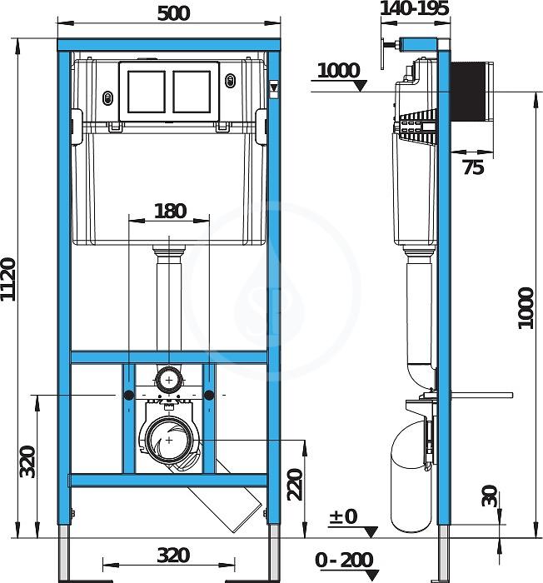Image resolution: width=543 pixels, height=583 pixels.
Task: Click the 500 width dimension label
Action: click(173, 14)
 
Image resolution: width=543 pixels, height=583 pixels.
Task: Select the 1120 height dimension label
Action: click(8, 279)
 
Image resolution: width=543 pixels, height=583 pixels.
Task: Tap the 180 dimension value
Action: click(171, 212)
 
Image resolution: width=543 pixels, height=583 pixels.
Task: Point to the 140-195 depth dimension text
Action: click(415, 8)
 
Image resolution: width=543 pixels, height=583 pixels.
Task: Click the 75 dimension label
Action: click(473, 167)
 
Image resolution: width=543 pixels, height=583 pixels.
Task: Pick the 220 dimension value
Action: click(296, 485)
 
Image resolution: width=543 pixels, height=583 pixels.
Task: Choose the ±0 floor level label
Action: click(342, 516)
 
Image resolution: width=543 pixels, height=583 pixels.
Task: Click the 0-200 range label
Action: click(344, 560)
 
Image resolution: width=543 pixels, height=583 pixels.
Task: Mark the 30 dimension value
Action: click(490, 496)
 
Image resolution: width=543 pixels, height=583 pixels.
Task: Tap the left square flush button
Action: click(147, 92)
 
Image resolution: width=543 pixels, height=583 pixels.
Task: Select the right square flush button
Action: click(192, 92)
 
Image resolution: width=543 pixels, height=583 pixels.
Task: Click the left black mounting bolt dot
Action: click(129, 396)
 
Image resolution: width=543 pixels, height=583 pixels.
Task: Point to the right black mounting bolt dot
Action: click(209, 396)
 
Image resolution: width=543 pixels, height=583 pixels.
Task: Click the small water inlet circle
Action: click(169, 380)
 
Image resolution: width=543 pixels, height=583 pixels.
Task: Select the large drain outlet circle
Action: click(169, 441)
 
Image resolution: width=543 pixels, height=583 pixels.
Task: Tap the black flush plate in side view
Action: click(468, 91)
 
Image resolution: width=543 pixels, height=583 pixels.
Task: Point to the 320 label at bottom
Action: click(173, 556)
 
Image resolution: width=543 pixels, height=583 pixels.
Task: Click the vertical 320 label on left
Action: click(27, 461)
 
